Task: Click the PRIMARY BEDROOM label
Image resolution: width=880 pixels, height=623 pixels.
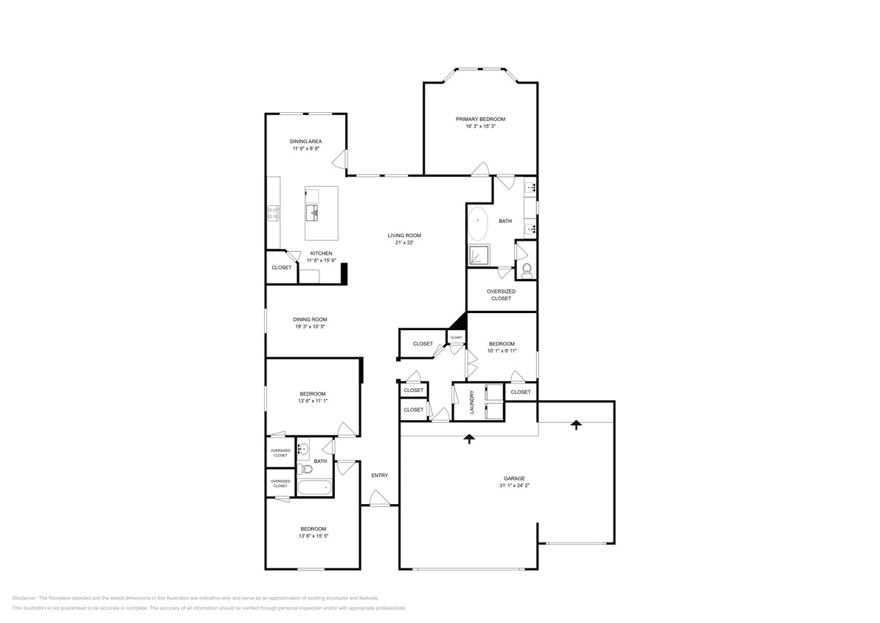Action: coord(479,119)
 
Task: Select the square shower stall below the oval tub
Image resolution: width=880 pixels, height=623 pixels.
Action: coord(479,255)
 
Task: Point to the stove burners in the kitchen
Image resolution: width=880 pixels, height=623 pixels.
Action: coord(273,213)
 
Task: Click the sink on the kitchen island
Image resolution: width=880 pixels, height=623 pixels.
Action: coord(313,213)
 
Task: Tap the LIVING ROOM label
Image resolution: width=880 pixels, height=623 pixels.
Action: coord(403,235)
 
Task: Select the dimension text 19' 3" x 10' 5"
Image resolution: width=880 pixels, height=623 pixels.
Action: coord(309,326)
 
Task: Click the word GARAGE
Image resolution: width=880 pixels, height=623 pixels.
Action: coord(514,478)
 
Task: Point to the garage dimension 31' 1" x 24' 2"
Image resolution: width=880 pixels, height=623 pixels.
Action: coord(514,486)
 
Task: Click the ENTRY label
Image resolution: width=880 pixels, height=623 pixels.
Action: coord(379,475)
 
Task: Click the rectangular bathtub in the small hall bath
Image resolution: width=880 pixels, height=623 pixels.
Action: coord(315,486)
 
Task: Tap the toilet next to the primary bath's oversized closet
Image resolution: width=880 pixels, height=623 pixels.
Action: coord(526,270)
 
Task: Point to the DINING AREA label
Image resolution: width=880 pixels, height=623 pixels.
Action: coord(305,141)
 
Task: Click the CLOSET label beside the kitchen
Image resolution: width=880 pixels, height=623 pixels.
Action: coord(281,267)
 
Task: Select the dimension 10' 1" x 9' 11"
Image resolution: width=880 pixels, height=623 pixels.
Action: coord(502,351)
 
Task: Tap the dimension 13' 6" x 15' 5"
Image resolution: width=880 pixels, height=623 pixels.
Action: coord(313,536)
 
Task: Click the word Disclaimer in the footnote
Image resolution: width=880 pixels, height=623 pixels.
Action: coord(24,598)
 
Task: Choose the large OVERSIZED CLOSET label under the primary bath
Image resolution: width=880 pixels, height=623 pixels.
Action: coord(501,295)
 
